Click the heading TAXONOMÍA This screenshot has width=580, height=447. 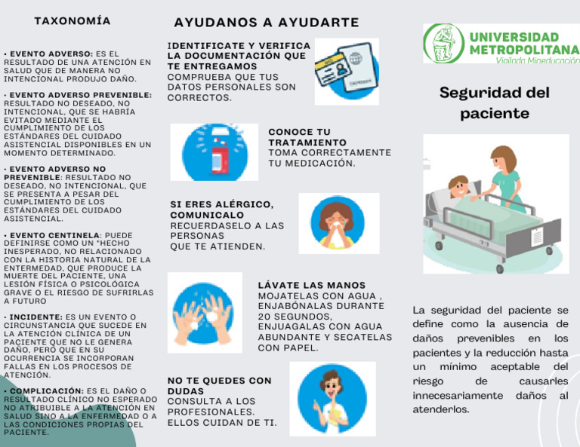click(x=72, y=21)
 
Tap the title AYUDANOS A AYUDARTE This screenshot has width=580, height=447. click(x=266, y=23)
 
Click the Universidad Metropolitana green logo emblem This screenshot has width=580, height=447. click(x=443, y=43)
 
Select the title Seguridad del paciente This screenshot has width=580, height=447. click(x=494, y=103)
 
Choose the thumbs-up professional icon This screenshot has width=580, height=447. click(x=332, y=398)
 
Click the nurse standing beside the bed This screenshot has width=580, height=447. click(x=504, y=178)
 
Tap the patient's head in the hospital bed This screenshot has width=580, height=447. click(x=458, y=185)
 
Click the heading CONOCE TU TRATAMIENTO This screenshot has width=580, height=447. click(x=307, y=137)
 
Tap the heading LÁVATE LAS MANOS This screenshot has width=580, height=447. click(x=311, y=286)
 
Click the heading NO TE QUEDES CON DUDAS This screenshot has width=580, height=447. click(x=218, y=386)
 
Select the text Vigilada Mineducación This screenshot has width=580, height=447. click(x=537, y=61)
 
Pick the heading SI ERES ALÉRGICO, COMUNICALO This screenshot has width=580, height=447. click(x=221, y=210)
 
